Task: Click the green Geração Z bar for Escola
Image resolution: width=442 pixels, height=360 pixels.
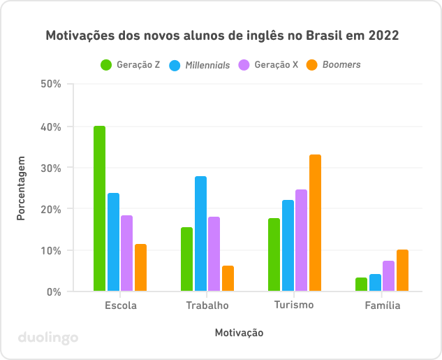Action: [x=99, y=208]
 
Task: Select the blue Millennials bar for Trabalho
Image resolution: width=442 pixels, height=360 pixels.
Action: [x=200, y=233]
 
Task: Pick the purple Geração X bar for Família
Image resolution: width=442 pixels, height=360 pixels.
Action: [x=388, y=276]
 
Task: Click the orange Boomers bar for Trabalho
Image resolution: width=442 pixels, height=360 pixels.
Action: [x=228, y=278]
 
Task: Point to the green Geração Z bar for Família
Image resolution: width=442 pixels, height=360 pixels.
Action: [x=361, y=285]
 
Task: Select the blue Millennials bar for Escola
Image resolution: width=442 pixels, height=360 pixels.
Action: [x=113, y=242]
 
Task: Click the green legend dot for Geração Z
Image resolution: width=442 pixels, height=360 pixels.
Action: [x=107, y=65]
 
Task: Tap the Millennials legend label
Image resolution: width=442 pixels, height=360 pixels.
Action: [x=207, y=65]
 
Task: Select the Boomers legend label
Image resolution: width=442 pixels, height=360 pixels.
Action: [x=341, y=65]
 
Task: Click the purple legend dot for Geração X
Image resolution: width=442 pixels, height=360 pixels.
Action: [x=244, y=65]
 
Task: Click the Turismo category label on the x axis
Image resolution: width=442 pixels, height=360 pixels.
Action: [x=294, y=305]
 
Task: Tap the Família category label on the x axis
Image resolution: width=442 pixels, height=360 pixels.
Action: [x=382, y=305]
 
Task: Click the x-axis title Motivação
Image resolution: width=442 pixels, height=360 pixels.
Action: [x=239, y=333]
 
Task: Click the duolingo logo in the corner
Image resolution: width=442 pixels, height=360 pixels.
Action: [x=48, y=338]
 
